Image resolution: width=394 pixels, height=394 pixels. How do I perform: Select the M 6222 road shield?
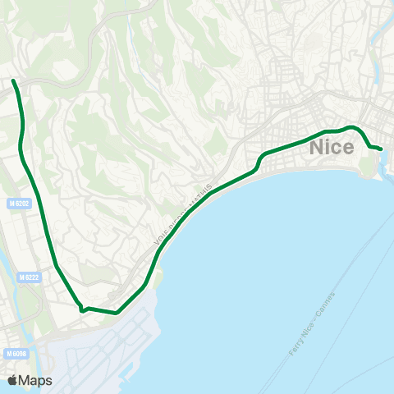(30, 278)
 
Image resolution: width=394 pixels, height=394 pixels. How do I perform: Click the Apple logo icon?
(12, 380)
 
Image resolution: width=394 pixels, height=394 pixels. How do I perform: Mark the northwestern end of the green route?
(13, 80)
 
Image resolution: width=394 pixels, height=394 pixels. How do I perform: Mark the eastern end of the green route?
(382, 149)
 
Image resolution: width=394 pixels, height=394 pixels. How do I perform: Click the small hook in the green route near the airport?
(82, 310)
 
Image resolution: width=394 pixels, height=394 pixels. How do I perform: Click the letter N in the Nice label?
(318, 149)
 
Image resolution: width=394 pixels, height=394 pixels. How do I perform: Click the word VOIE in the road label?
(161, 238)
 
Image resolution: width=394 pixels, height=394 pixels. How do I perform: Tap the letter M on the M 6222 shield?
(21, 278)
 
